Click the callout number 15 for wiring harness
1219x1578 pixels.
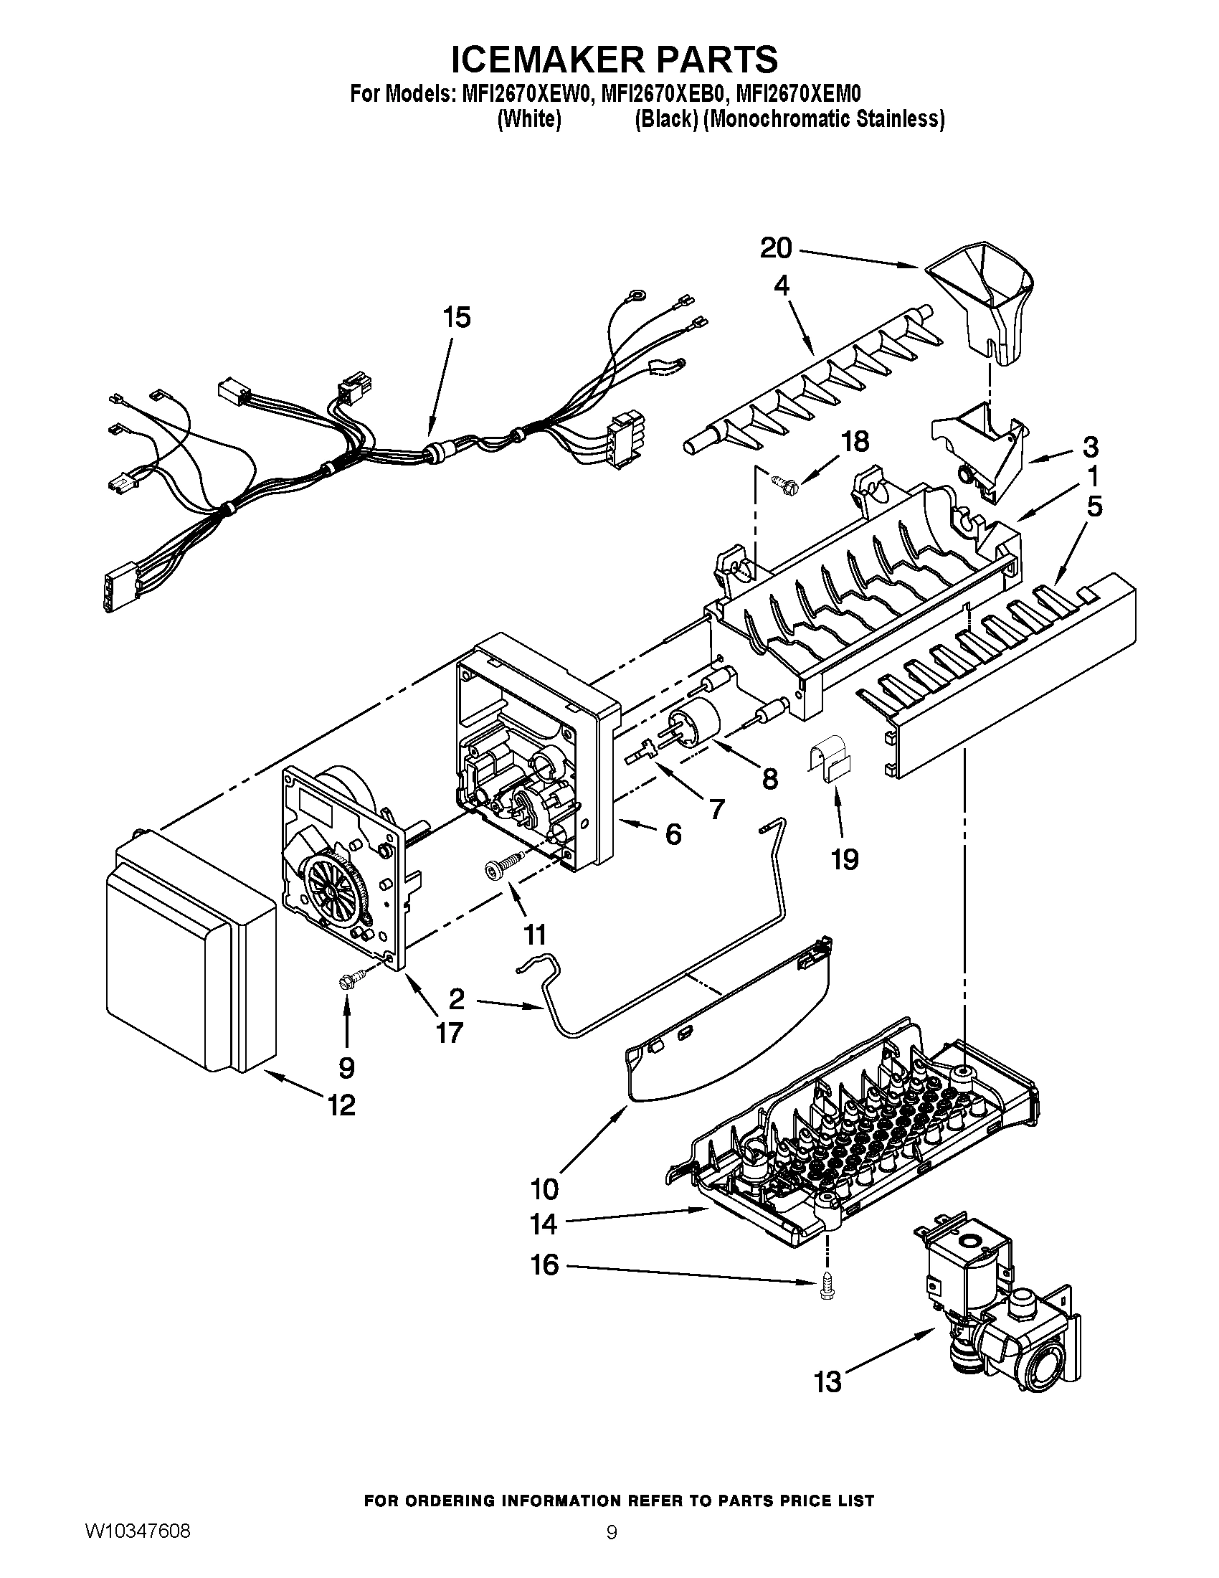point(456,317)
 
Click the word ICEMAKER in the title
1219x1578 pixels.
point(542,59)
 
